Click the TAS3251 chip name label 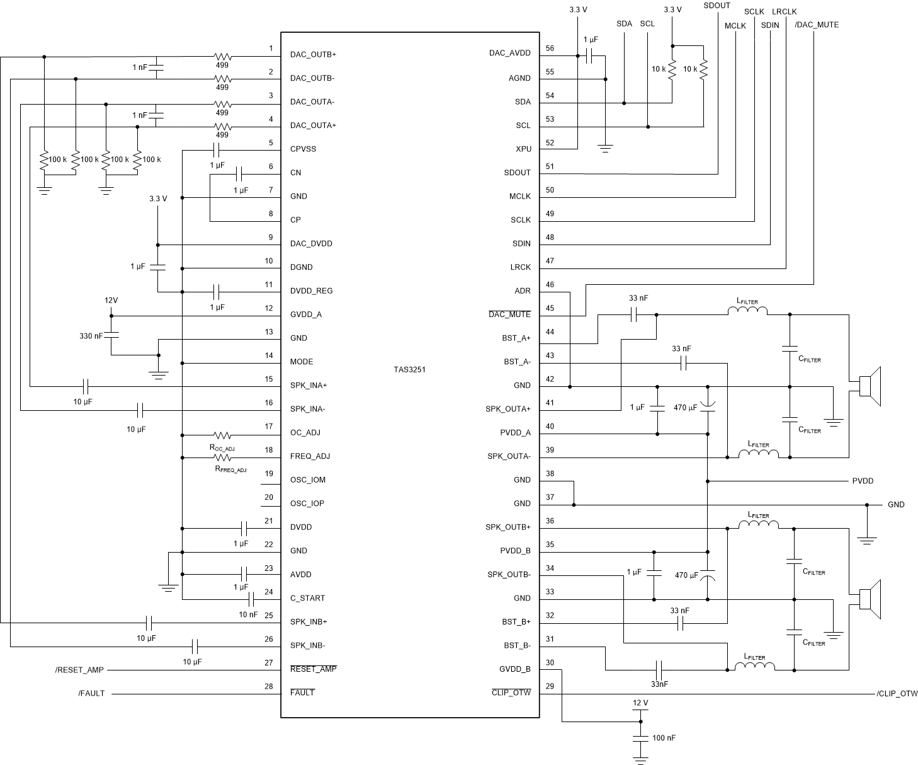click(x=405, y=369)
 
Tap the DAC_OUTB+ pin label click(x=313, y=55)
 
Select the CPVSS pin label click(x=303, y=149)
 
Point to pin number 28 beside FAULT click(x=269, y=686)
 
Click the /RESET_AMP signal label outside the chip click(x=79, y=670)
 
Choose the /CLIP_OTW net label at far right click(x=897, y=694)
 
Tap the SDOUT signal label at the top click(x=717, y=6)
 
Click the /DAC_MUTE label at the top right click(x=817, y=25)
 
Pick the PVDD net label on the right click(x=863, y=481)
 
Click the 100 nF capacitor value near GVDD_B click(x=664, y=737)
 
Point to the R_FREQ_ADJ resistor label click(x=230, y=469)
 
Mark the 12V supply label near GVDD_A click(x=111, y=301)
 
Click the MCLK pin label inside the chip click(x=519, y=197)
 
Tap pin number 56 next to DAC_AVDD click(x=550, y=49)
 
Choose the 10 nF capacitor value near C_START click(x=247, y=614)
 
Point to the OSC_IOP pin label click(x=307, y=503)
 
